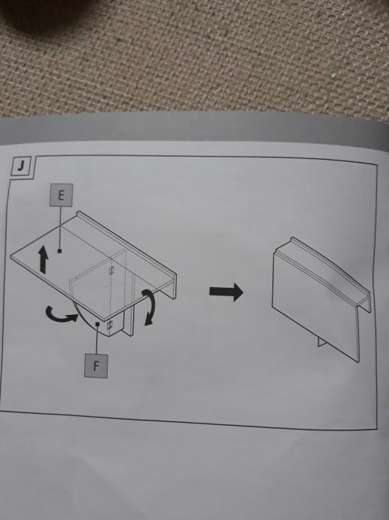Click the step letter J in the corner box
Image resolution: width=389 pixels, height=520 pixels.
tap(21, 167)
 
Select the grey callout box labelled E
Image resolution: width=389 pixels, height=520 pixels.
tap(61, 195)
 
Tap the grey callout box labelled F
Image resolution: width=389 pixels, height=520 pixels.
tap(96, 366)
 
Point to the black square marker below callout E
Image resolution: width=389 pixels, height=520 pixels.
tap(59, 251)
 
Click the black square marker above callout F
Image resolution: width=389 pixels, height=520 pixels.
tap(97, 323)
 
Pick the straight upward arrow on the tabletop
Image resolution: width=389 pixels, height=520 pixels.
tap(43, 259)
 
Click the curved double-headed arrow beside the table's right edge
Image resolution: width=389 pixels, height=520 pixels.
tap(150, 307)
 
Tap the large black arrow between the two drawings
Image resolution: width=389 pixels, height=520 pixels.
tap(226, 292)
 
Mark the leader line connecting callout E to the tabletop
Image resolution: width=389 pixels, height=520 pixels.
tap(60, 228)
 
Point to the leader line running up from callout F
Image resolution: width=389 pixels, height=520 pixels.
tap(96, 340)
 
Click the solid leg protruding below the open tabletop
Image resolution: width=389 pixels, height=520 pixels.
tap(128, 320)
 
